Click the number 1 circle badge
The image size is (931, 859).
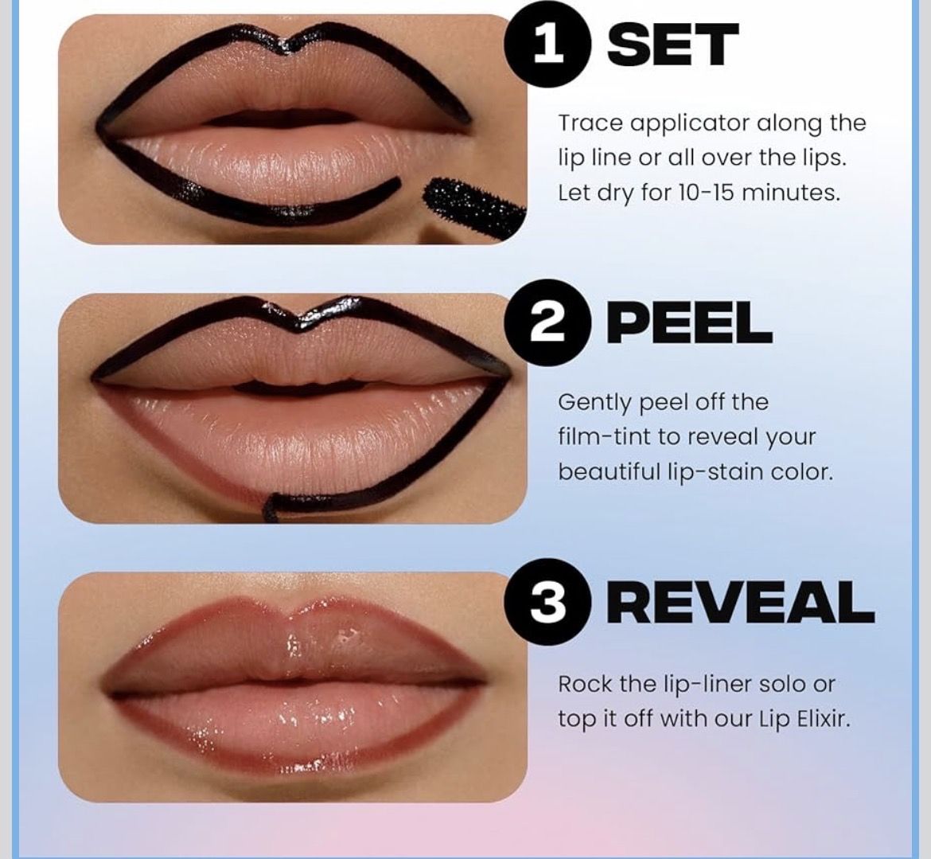pyautogui.click(x=548, y=45)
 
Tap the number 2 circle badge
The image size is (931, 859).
pyautogui.click(x=548, y=324)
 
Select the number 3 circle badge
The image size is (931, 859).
pyautogui.click(x=548, y=603)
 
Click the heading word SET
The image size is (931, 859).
pyautogui.click(x=672, y=45)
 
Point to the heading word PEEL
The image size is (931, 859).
pyautogui.click(x=689, y=324)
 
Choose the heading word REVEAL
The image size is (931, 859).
pyautogui.click(x=740, y=603)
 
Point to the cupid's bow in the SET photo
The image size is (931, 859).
pyautogui.click(x=289, y=45)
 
